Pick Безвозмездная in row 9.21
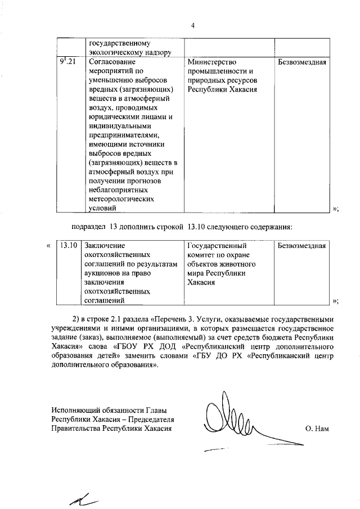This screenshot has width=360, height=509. pos(303,62)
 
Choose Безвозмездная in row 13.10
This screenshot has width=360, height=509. pos(303,246)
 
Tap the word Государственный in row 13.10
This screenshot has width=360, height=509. pos(216,246)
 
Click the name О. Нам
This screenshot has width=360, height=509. pos(316,429)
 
